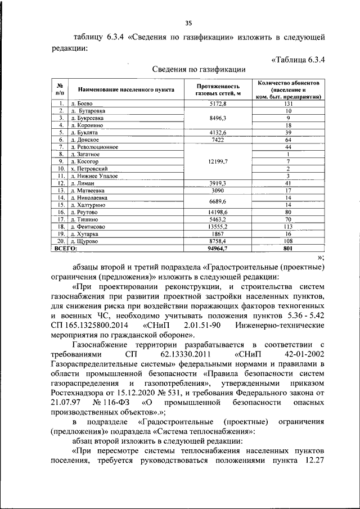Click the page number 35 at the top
[188, 22]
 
